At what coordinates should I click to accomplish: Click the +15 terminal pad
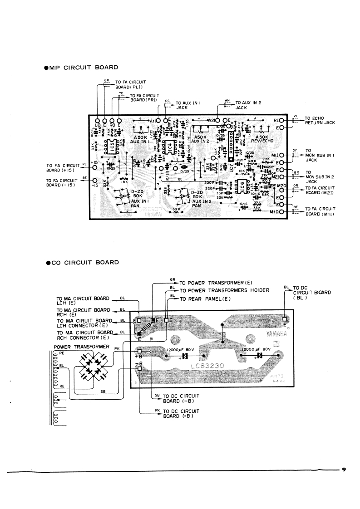point(95,167)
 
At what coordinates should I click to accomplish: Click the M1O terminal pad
point(282,212)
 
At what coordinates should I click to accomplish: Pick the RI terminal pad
point(282,120)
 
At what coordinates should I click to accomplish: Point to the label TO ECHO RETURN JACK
point(320,120)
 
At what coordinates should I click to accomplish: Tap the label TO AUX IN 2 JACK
point(248,106)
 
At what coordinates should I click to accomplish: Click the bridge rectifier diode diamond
point(96,365)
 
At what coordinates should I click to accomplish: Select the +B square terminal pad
point(139,351)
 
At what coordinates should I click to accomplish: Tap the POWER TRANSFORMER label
point(79,347)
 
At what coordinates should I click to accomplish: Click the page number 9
point(344,469)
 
